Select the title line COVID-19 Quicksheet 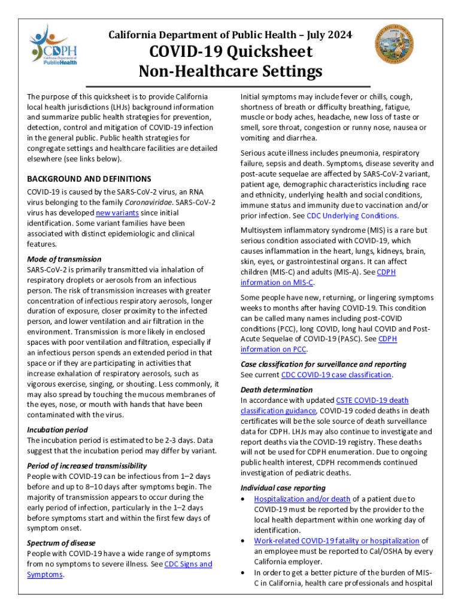point(230,53)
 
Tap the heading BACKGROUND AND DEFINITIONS point(89,179)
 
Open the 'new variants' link point(116,213)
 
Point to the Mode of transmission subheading point(64,259)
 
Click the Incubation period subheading point(57,430)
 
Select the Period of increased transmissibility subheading point(87,466)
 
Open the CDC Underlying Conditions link point(353,216)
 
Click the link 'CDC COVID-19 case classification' point(336,375)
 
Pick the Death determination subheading point(277,390)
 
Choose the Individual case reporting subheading point(283,488)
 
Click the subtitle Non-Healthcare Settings point(230,72)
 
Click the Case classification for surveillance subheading point(323,364)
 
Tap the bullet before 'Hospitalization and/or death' point(244,499)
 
